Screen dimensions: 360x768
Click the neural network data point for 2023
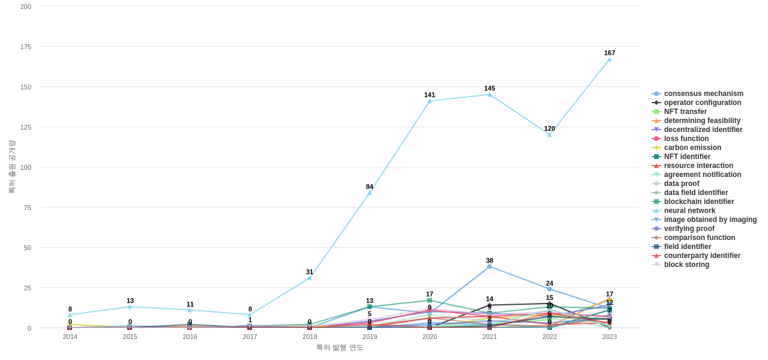click(x=610, y=59)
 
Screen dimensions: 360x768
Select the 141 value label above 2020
click(x=430, y=95)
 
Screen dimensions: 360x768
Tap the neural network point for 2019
click(x=370, y=193)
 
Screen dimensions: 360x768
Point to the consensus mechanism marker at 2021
click(x=490, y=266)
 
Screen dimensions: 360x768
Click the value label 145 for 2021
click(x=490, y=88)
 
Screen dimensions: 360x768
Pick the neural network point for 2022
click(x=550, y=134)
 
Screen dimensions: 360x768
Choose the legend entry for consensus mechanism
click(x=703, y=94)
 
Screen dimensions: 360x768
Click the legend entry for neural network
click(x=689, y=211)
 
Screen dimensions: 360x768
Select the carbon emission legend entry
click(x=692, y=148)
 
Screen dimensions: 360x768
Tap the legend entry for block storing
click(x=686, y=265)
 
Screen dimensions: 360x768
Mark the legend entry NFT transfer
click(x=685, y=112)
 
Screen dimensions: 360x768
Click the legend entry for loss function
click(x=686, y=139)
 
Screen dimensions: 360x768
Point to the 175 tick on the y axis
click(x=26, y=47)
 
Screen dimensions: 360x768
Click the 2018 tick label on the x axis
click(x=310, y=337)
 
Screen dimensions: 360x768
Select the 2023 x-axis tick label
click(x=610, y=337)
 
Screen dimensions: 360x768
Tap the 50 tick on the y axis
click(x=28, y=248)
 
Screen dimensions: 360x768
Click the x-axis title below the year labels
click(x=340, y=347)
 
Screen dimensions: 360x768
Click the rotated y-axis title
click(x=11, y=167)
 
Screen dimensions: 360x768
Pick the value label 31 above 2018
click(x=310, y=272)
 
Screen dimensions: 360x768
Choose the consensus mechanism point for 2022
click(x=550, y=289)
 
